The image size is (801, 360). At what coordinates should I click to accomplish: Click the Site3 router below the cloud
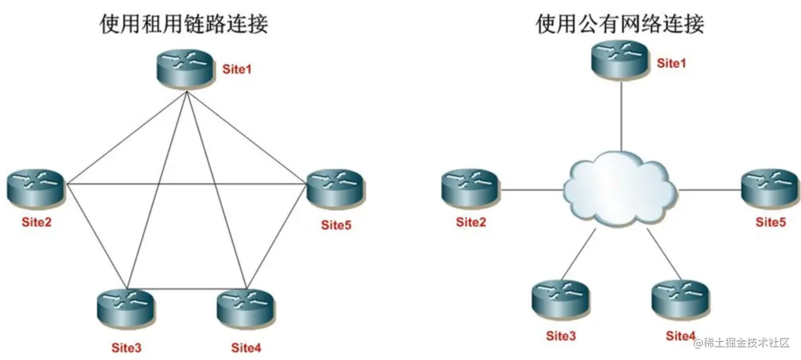pos(560,297)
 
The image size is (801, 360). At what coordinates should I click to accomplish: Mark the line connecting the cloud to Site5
pos(709,190)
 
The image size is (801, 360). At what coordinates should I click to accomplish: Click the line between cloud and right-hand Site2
pos(531,190)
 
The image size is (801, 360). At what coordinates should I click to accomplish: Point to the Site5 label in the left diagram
pos(335,225)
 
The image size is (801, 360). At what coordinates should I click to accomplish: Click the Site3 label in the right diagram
pos(560,335)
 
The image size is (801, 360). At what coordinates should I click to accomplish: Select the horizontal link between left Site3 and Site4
pos(187,288)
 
